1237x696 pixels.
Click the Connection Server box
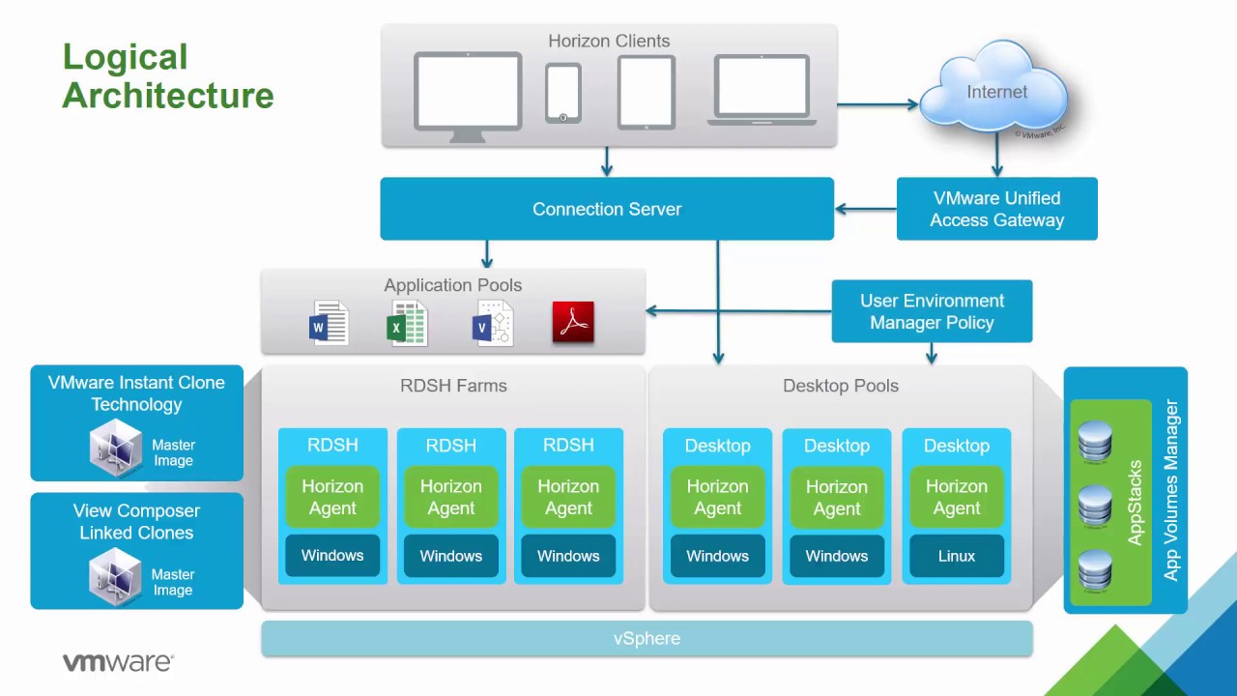coord(606,209)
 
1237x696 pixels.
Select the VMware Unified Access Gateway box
coord(996,209)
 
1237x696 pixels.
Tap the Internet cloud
coord(995,93)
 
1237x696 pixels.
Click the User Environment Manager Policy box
coord(932,311)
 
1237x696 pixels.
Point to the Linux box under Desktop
coord(956,556)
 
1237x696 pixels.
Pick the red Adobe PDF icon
coord(573,323)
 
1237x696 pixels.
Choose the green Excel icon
coord(407,324)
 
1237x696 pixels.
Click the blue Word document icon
coord(328,324)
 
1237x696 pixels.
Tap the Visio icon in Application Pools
coord(493,324)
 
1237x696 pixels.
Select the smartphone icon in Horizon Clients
coord(562,93)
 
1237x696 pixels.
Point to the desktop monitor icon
coord(468,95)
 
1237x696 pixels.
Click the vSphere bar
coord(647,639)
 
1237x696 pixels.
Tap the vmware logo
coord(118,662)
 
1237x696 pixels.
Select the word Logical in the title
coord(125,57)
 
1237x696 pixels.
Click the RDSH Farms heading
coord(453,386)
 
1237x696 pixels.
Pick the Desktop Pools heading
coord(840,386)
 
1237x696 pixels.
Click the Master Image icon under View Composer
coord(116,576)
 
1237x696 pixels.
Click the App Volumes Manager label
coord(1171,490)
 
